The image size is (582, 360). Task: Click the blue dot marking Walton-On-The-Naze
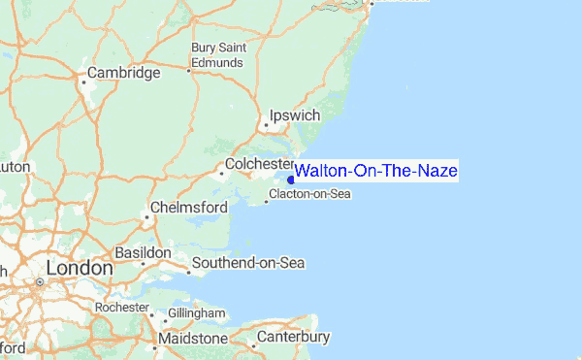pos(292,179)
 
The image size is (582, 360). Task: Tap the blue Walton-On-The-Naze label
pos(376,172)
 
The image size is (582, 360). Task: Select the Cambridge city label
pos(123,73)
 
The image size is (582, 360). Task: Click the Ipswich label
pos(293,115)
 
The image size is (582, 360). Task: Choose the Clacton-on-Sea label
pos(309,194)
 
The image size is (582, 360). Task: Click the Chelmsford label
pos(189,208)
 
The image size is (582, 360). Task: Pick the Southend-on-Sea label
pos(248,263)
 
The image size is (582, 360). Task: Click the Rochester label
pos(121,307)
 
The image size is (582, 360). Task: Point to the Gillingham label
pos(194,314)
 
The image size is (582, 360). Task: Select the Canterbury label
pos(294,337)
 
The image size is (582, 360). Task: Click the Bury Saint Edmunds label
pos(217,54)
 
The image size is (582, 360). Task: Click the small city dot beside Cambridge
pos(84,82)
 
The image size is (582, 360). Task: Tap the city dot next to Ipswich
pos(267,125)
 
